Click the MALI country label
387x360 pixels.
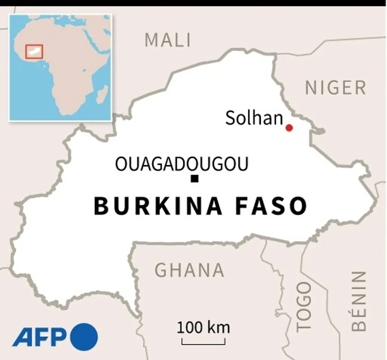pos(168,40)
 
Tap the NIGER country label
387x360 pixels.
pos(336,88)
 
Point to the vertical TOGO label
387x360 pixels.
pos(303,307)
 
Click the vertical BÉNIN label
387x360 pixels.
pos(359,301)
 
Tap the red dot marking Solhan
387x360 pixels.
pos(289,128)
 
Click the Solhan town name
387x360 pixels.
pos(254,118)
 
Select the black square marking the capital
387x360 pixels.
pos(194,179)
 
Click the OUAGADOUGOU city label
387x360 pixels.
pos(182,164)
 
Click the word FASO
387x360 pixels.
pos(271,206)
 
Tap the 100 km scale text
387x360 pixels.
pos(203,328)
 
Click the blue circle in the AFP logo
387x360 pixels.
pos(84,337)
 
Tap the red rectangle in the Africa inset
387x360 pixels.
pos(34,51)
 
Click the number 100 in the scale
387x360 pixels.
pos(190,328)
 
